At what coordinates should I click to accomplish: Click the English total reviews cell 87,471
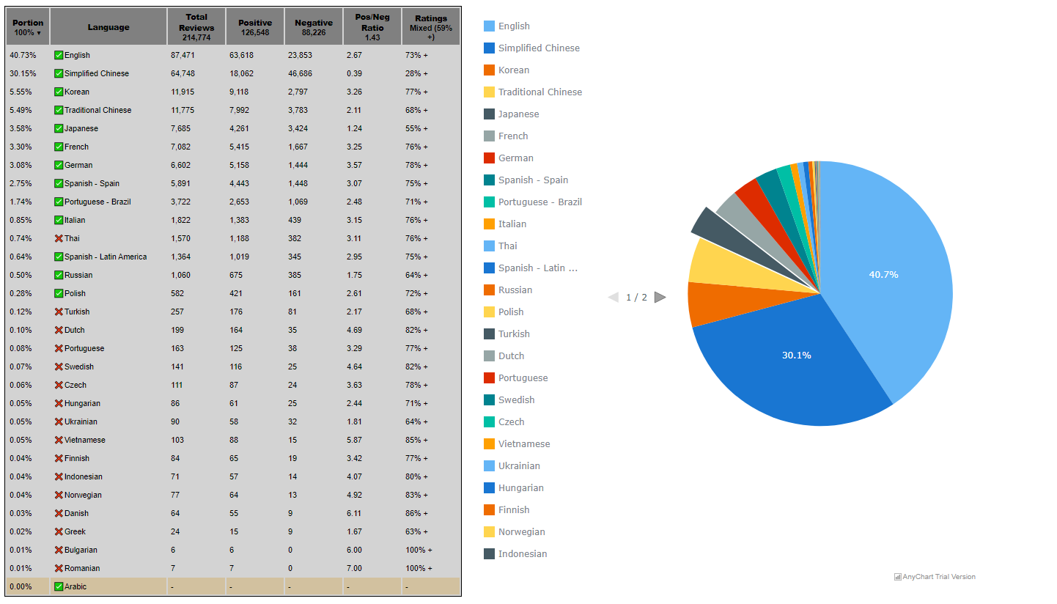183,55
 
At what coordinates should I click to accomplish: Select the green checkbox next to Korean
59,92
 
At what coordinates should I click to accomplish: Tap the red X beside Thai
59,238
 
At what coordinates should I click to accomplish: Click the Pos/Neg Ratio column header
372,27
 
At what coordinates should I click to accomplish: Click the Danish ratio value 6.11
354,513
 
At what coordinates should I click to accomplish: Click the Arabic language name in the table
75,586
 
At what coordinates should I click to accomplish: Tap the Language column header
108,27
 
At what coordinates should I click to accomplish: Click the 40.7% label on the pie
883,274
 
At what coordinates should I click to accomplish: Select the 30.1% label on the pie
796,355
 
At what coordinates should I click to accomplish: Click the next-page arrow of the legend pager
660,297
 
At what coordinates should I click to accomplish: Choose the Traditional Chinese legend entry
539,92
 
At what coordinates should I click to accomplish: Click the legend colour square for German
489,158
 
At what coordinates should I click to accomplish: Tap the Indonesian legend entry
522,553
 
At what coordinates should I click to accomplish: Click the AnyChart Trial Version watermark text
938,577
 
